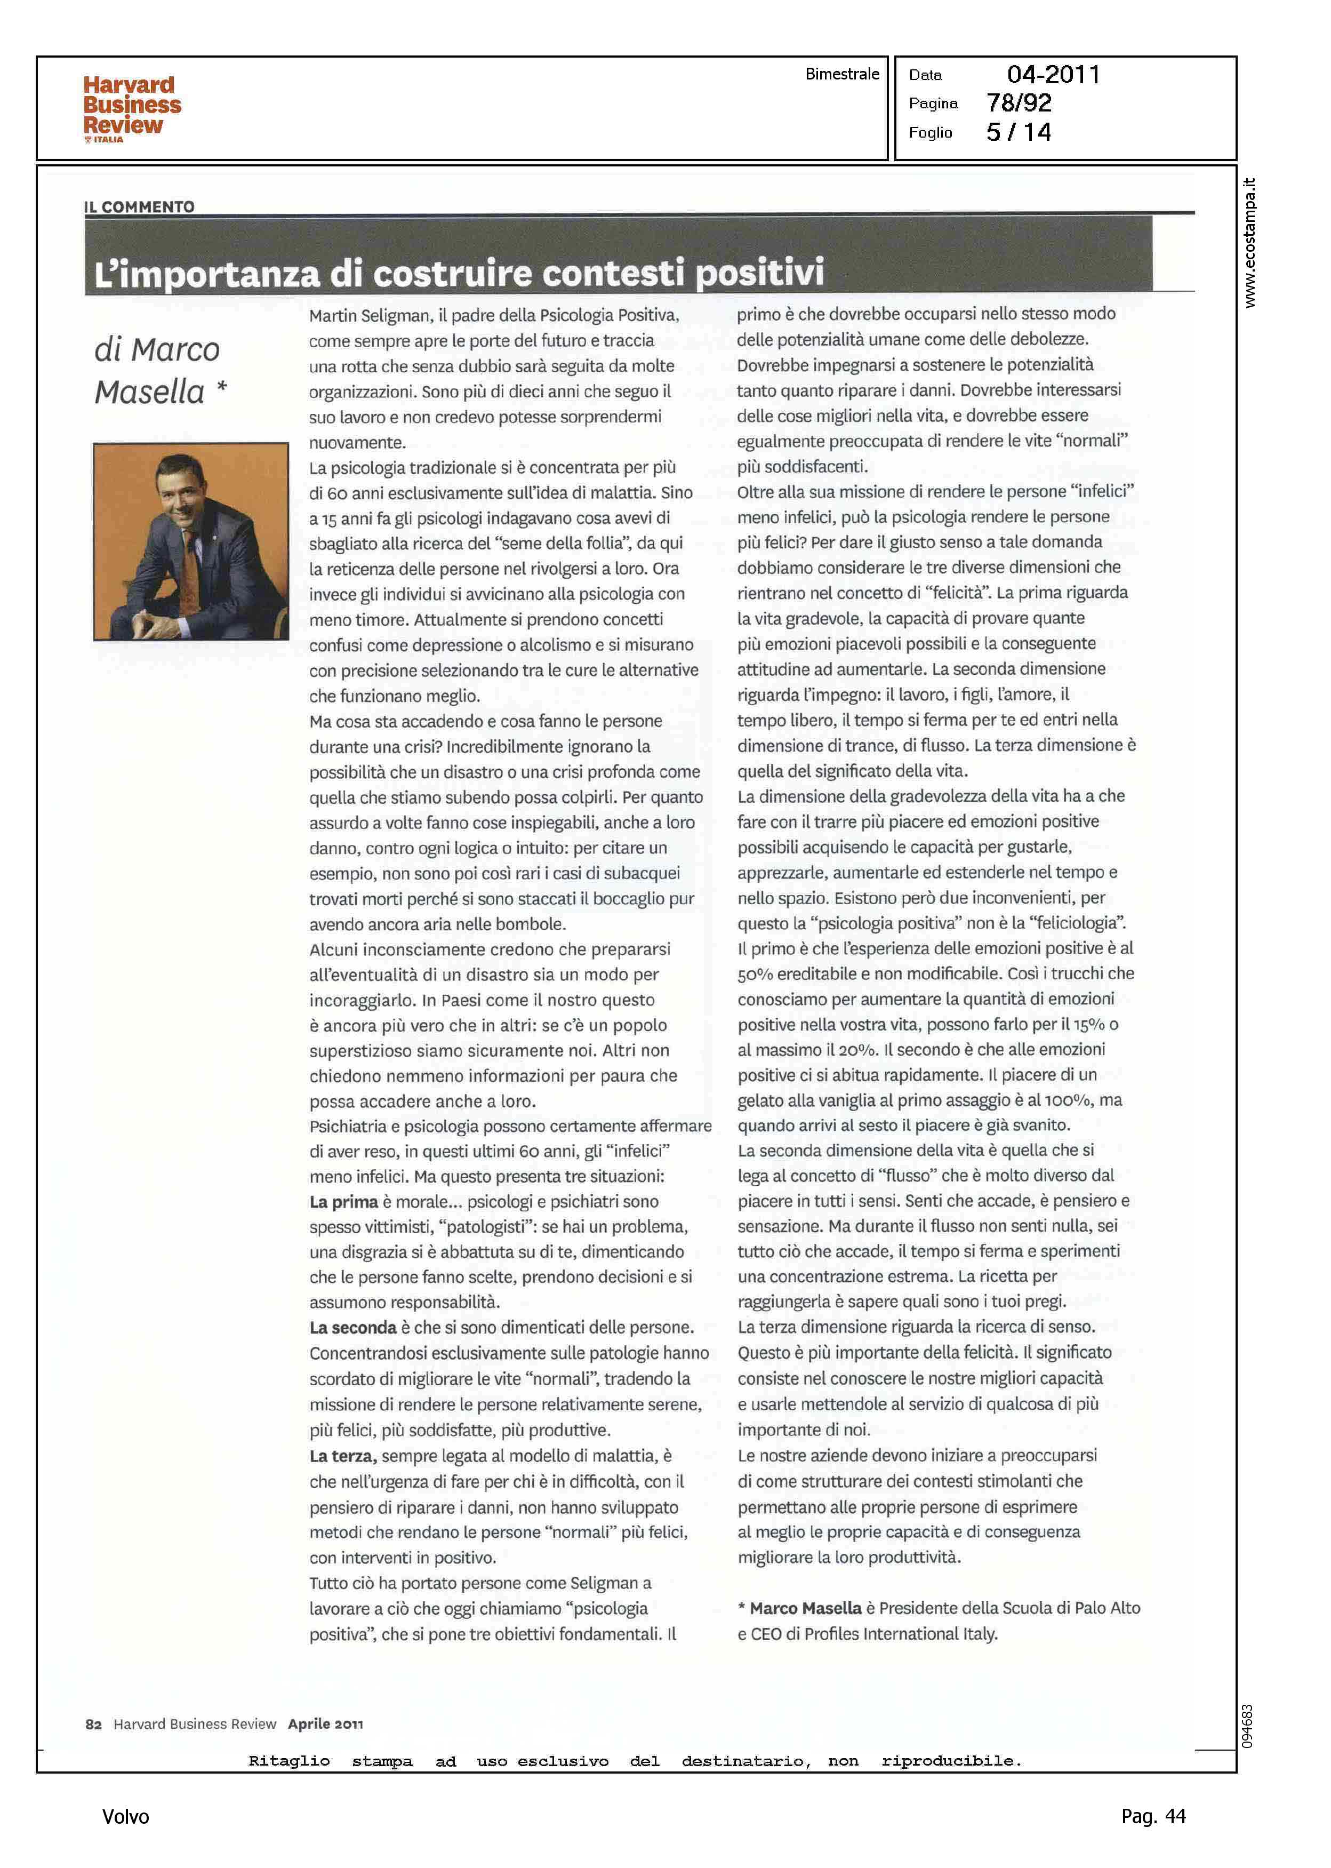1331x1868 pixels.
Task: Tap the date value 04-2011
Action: tap(1053, 75)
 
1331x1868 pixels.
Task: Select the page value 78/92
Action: tap(1019, 103)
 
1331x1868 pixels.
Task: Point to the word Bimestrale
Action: tap(841, 74)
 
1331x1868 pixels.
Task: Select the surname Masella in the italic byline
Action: tap(150, 392)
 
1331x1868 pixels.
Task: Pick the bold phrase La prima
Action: tap(343, 1202)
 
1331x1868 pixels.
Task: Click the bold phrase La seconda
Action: tap(352, 1327)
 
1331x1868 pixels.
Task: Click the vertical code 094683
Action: tap(1247, 1726)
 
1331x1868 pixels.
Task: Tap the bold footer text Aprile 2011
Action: tap(325, 1724)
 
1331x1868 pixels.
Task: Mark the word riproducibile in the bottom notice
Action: tap(951, 1761)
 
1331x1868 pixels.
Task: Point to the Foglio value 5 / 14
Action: tap(1019, 132)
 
